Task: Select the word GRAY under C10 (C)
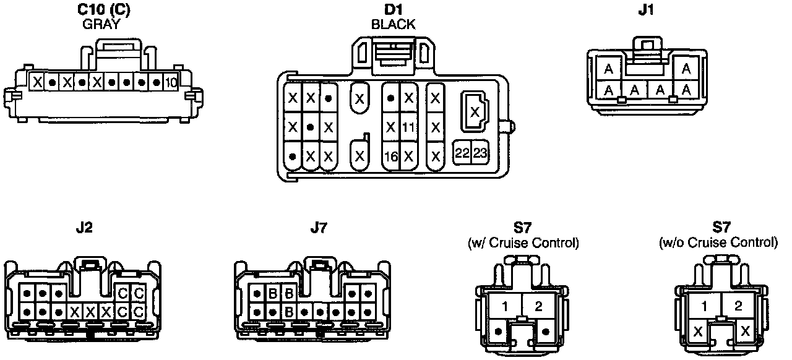(x=101, y=25)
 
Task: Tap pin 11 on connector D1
(x=408, y=127)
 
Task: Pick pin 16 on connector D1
(x=390, y=156)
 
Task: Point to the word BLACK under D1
(x=394, y=25)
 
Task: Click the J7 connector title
(x=317, y=228)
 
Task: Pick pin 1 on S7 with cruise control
(x=506, y=306)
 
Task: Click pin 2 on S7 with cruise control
(x=538, y=306)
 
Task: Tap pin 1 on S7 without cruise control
(x=705, y=306)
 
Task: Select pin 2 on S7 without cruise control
(x=738, y=306)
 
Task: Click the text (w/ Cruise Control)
(x=523, y=243)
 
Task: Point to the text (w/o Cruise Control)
(x=718, y=243)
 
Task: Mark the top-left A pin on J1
(x=609, y=69)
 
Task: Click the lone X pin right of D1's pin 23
(x=475, y=112)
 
